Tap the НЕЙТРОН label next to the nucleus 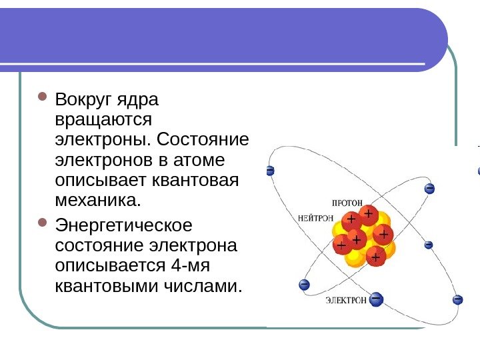point(315,217)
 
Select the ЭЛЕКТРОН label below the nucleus point(345,301)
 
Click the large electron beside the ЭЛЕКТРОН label point(376,299)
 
